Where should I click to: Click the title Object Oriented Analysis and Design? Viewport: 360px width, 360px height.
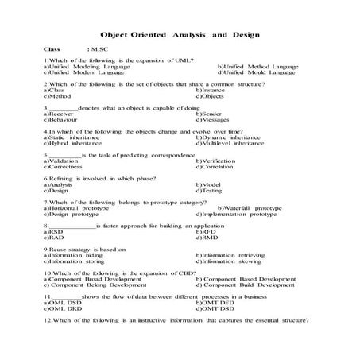(x=180, y=35)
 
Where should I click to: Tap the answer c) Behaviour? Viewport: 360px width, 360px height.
(x=65, y=119)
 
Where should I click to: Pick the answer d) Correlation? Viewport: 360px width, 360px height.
(x=215, y=166)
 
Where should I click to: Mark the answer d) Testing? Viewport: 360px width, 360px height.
(x=211, y=190)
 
